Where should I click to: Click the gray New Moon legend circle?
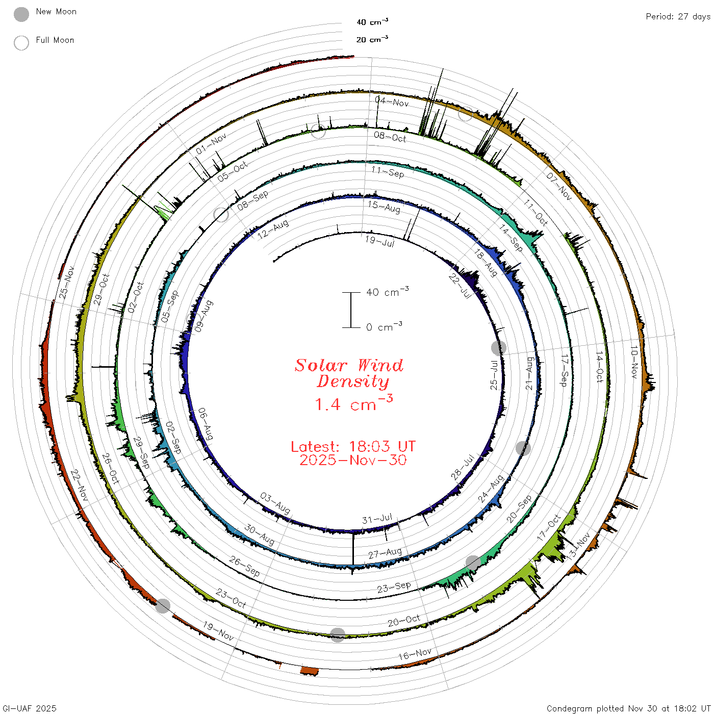click(21, 14)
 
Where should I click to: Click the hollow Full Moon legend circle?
click(21, 43)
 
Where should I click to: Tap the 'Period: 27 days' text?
click(678, 17)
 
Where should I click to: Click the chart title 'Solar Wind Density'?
click(349, 373)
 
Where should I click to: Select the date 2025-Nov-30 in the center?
click(353, 460)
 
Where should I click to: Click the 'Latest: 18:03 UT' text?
click(353, 446)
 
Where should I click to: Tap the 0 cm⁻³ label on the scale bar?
click(384, 326)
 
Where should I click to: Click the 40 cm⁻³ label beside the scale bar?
click(387, 291)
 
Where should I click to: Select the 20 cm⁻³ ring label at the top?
click(372, 39)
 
